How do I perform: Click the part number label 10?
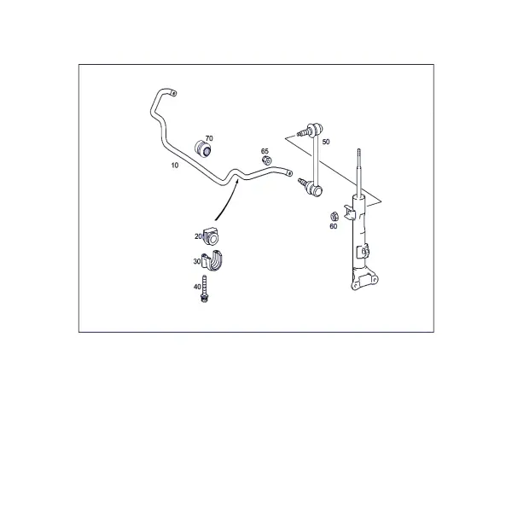point(175,166)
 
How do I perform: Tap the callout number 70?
point(209,138)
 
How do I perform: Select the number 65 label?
point(265,151)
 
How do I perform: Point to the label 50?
point(326,142)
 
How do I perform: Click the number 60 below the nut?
point(334,226)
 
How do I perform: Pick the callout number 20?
point(198,236)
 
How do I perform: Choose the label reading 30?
point(197,262)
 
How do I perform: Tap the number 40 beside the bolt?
point(197,287)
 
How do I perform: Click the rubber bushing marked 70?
point(203,148)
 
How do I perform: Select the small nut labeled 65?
point(267,160)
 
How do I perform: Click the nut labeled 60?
point(334,216)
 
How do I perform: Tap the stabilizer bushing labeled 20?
point(211,237)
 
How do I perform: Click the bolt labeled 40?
point(204,288)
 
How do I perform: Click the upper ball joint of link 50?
point(315,128)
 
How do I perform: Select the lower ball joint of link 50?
point(314,188)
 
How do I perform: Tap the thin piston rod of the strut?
point(359,173)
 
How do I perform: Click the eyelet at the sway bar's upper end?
point(174,94)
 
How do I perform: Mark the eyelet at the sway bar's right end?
point(289,173)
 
